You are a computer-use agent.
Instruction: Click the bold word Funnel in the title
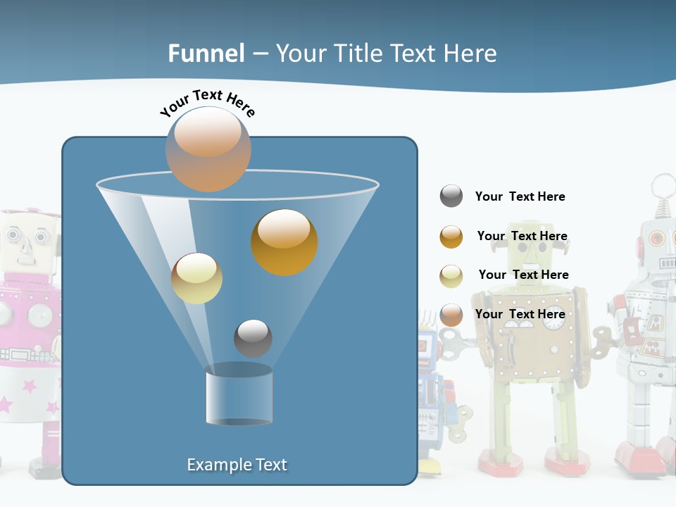tap(206, 54)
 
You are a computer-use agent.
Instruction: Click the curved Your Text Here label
tap(208, 103)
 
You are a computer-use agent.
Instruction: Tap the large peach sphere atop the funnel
tap(208, 149)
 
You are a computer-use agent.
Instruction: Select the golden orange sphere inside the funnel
tap(284, 242)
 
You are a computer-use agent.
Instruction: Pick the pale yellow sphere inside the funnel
tap(196, 278)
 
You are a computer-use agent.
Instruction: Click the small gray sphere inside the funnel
tap(253, 338)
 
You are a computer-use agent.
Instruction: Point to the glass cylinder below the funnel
tap(239, 395)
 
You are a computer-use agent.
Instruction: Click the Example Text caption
tap(237, 465)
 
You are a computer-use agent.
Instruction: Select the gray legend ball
tap(451, 196)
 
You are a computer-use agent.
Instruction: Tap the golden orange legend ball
tap(451, 237)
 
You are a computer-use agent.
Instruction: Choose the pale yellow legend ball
tap(451, 276)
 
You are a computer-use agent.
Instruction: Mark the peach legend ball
tap(451, 315)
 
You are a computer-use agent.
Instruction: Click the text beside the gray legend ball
tap(520, 196)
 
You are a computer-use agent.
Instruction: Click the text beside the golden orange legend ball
tap(522, 236)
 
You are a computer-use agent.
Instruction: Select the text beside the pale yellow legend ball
tap(523, 275)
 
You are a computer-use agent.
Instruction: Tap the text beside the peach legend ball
tap(520, 314)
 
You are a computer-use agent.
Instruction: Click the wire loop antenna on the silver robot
tap(662, 189)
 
